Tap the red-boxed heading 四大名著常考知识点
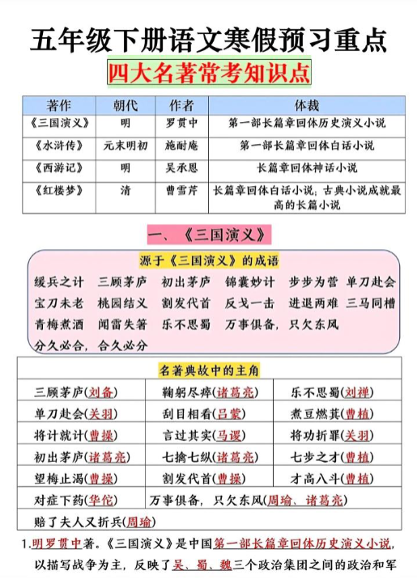pyautogui.click(x=208, y=74)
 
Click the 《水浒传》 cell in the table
pyautogui.click(x=58, y=146)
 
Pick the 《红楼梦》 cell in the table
pyautogui.click(x=58, y=191)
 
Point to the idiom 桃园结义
pyautogui.click(x=122, y=303)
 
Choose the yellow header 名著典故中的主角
pyautogui.click(x=209, y=370)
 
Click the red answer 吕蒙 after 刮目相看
pyautogui.click(x=230, y=414)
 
